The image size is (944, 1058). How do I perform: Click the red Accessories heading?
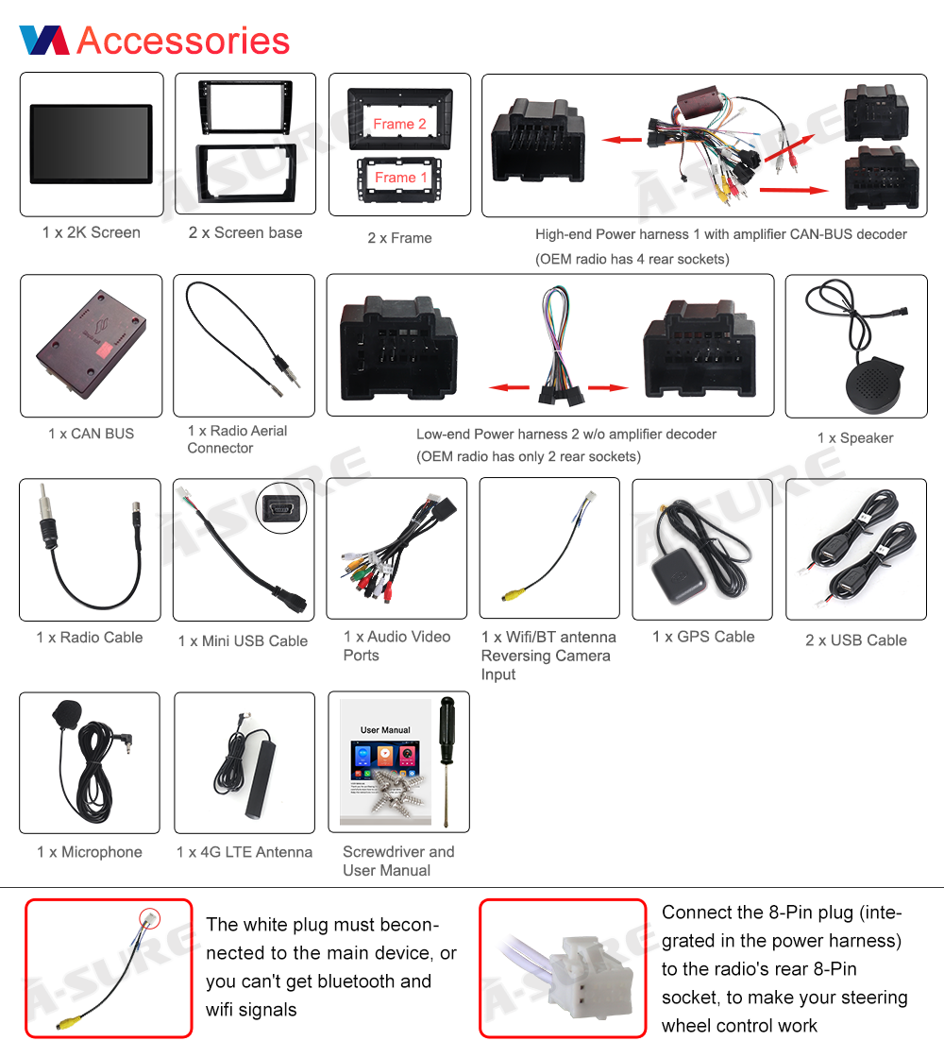183,41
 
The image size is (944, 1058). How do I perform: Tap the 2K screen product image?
91,144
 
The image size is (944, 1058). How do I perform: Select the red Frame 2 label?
400,124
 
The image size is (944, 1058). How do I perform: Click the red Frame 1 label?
400,178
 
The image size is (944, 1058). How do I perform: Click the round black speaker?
874,384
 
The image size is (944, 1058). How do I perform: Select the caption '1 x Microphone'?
90,852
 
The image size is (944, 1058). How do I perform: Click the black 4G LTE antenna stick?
261,778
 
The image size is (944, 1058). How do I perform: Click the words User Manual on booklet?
385,730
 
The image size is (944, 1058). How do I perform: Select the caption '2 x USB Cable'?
856,640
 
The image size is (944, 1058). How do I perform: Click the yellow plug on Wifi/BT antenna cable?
513,595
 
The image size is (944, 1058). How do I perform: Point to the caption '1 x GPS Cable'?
703,637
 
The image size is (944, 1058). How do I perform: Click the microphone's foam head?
67,713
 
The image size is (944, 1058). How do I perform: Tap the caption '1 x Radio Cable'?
90,638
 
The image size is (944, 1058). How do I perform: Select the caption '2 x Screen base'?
245,232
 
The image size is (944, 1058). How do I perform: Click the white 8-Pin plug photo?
563,969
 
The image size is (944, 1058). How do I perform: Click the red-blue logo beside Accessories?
44,40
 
